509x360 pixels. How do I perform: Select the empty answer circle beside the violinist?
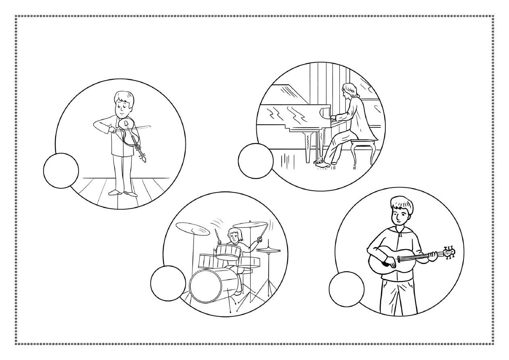(61, 171)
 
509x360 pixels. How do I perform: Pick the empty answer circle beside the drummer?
(168, 283)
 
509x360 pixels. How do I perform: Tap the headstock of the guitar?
(448, 252)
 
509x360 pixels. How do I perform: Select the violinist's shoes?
(123, 192)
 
